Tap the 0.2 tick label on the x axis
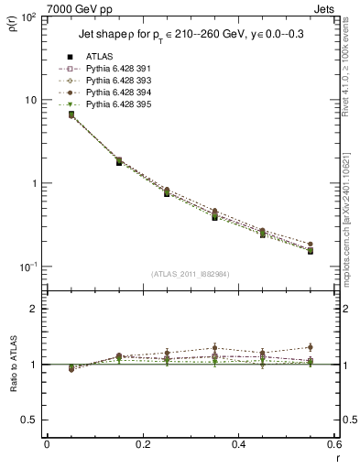(x=142, y=445)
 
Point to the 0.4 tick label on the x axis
(x=238, y=445)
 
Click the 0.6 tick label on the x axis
(x=333, y=445)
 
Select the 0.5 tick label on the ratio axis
(x=29, y=420)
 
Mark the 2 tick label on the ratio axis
(x=34, y=310)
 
